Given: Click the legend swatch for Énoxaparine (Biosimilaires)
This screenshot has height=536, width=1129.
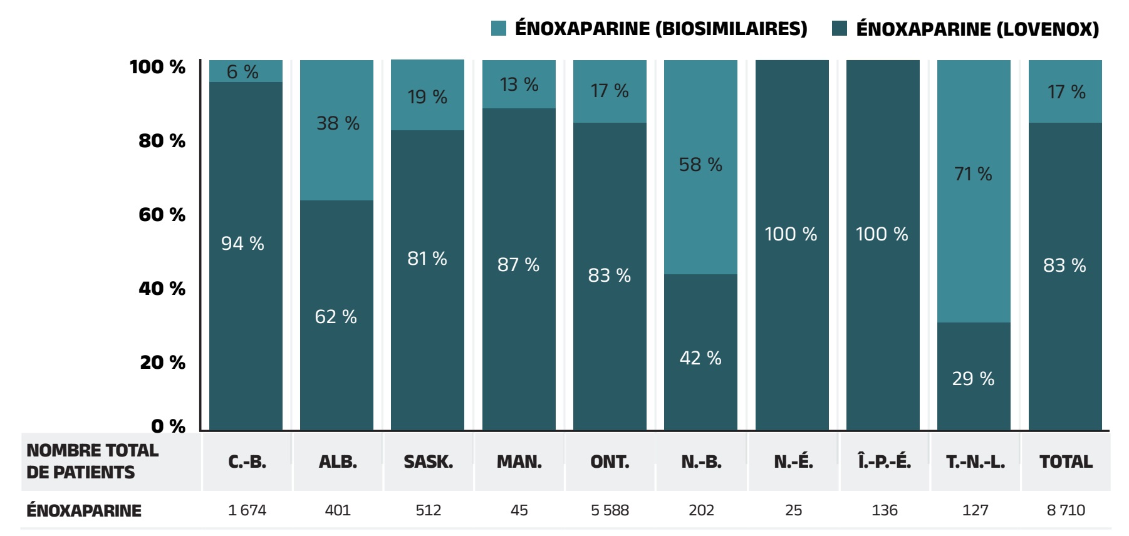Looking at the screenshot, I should point(499,28).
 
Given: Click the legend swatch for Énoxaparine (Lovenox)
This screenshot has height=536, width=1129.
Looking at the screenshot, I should point(840,28).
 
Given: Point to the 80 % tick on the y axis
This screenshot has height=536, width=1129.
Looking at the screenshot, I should point(162,141).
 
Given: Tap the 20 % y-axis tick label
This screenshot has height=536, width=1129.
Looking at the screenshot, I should point(162,363).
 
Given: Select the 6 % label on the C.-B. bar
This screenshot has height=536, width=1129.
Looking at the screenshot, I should point(242,72).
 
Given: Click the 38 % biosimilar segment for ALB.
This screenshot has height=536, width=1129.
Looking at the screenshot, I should point(337,130).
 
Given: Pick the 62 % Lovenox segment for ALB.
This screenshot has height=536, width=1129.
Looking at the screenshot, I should point(336,316).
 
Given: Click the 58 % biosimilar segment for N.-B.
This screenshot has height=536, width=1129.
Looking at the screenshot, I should point(700,167).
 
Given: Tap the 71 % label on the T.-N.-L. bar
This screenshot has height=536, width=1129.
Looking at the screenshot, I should point(973,174).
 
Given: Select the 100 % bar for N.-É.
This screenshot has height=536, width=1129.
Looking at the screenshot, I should point(792,245).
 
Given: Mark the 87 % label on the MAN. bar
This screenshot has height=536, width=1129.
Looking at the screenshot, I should point(518,265).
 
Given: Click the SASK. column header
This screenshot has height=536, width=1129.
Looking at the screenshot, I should point(428,462).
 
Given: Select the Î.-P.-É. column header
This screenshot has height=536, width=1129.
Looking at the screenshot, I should point(884,462).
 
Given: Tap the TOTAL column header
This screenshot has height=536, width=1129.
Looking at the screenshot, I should point(1066,462).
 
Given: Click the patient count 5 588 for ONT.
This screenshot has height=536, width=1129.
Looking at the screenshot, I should point(610,510).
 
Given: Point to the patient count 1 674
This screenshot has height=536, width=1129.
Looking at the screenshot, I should point(247,510).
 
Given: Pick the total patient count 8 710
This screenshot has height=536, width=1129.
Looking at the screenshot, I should point(1066,510).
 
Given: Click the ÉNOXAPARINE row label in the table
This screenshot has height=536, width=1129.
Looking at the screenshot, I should point(84,511).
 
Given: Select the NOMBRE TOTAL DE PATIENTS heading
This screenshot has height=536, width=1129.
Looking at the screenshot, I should point(92,461).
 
